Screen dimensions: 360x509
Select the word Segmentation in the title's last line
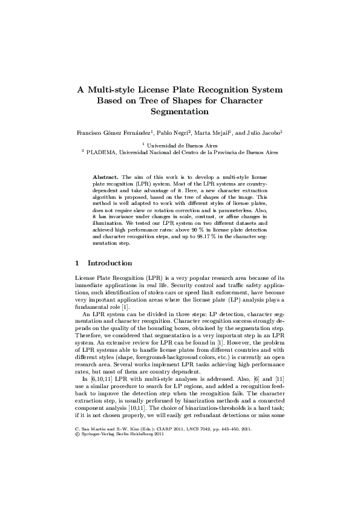179,111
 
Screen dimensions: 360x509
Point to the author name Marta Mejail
212,132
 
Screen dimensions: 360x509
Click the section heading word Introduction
110,264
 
